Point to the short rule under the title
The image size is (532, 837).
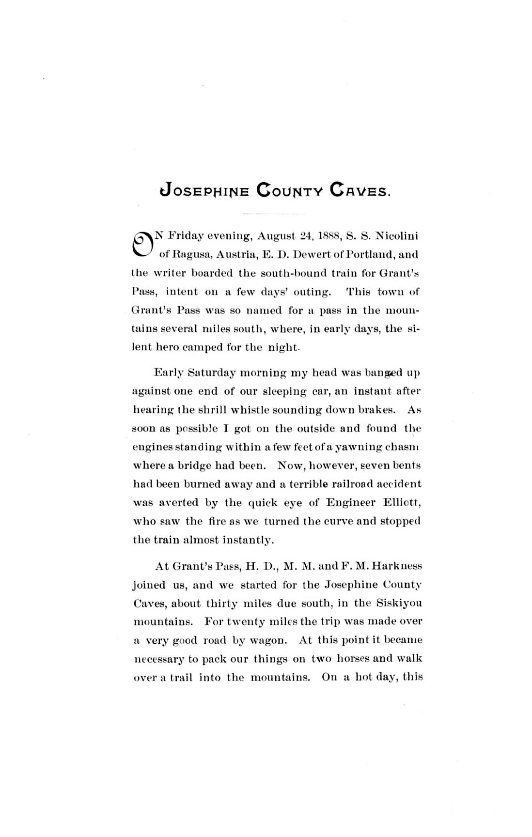point(274,214)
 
